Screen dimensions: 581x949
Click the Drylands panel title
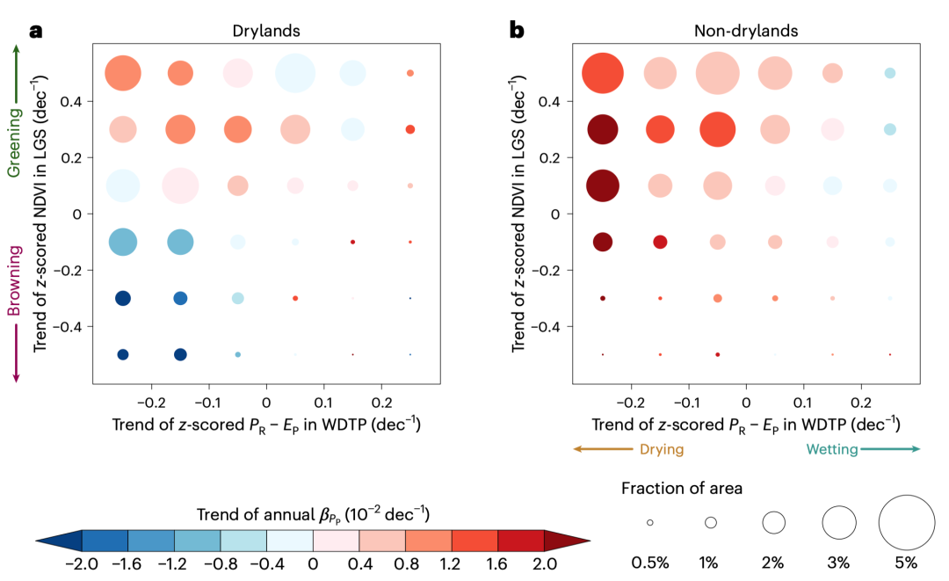pos(266,31)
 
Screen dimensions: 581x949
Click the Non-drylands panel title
pos(746,31)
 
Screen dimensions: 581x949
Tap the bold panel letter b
pos(518,31)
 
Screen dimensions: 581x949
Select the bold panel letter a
pos(36,31)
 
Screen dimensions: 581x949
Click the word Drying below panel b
pos(660,449)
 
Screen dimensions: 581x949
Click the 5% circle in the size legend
pos(906,522)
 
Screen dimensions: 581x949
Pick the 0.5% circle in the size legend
pos(649,522)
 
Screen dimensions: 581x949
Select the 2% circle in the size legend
pos(773,522)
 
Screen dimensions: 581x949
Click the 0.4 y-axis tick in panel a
pos(69,101)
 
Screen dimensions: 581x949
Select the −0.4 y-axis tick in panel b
pos(547,326)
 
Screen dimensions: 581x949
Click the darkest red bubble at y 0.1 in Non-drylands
pos(603,185)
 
